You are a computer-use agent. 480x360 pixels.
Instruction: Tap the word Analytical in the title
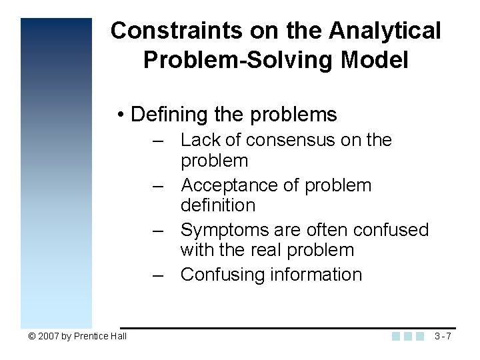click(385, 31)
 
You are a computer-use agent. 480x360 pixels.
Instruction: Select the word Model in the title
click(375, 60)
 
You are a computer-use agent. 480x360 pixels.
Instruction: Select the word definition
click(218, 205)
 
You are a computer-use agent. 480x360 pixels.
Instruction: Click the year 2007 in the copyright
click(49, 336)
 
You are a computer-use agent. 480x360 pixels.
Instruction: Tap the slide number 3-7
click(443, 336)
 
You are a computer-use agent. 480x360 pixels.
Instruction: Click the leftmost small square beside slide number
click(397, 336)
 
